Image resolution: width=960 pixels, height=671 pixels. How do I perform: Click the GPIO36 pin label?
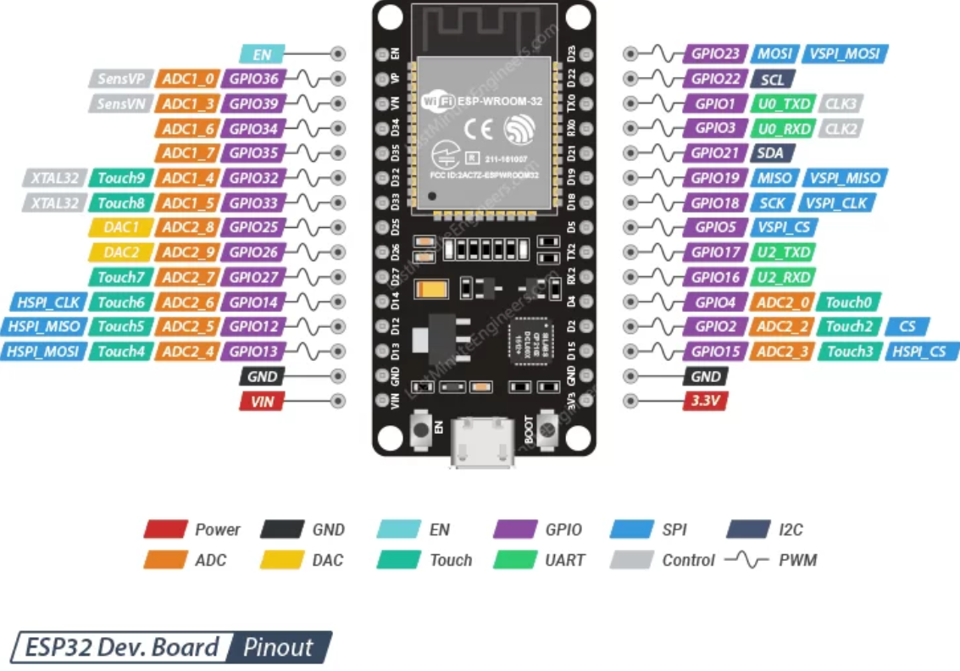pos(253,79)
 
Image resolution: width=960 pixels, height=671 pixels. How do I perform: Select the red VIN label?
pos(262,401)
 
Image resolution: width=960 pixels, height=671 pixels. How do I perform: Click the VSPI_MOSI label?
pos(844,53)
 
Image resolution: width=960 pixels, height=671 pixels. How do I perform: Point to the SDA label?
pos(772,153)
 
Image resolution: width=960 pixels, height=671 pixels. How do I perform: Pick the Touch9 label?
pos(120,178)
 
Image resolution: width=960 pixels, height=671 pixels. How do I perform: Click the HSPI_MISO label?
pos(42,326)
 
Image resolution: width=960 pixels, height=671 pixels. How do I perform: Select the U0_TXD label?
pos(782,103)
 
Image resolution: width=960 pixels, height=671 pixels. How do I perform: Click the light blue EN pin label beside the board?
pos(262,54)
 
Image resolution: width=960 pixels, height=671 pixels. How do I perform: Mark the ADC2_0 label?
pos(782,302)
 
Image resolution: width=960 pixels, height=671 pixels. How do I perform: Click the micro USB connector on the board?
pos(483,442)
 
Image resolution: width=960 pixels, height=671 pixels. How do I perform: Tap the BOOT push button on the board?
pos(547,431)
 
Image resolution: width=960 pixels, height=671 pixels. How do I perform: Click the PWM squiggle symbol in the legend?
pos(746,560)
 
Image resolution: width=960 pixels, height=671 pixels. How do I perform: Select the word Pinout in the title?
pos(278,648)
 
